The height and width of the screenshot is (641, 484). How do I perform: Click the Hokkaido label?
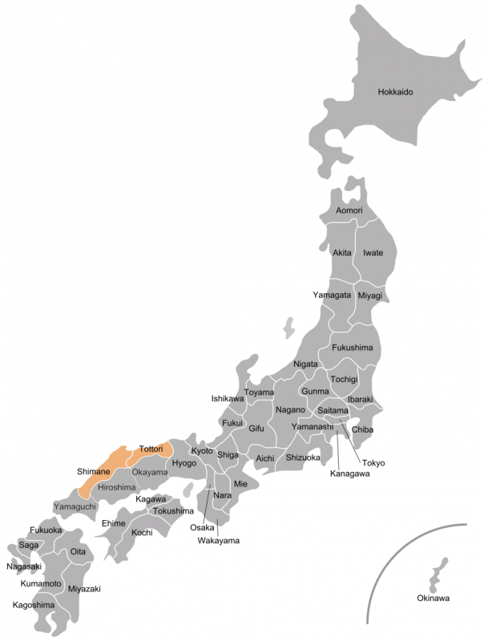point(395,92)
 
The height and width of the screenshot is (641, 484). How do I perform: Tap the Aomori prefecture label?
point(349,211)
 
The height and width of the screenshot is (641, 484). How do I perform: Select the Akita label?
point(342,252)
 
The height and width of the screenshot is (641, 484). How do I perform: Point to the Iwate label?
point(373,252)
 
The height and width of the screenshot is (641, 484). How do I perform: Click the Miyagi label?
point(370,296)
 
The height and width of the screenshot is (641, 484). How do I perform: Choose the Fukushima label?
point(352,348)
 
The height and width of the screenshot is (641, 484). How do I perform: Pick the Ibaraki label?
point(361,399)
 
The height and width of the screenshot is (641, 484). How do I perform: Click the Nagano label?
point(289,410)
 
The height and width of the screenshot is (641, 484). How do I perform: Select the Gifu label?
point(256,429)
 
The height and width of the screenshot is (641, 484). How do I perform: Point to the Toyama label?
point(259,393)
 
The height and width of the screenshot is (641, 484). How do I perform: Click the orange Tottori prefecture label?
point(151,450)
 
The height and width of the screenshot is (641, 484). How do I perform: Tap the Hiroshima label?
point(117,486)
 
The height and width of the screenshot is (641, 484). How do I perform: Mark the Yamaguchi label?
point(75,507)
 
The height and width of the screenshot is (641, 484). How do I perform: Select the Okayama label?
point(150,473)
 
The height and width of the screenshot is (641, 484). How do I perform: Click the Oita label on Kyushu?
point(78,552)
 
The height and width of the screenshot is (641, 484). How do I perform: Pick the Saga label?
point(28,545)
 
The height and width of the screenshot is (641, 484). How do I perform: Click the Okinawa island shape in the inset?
point(438,576)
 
